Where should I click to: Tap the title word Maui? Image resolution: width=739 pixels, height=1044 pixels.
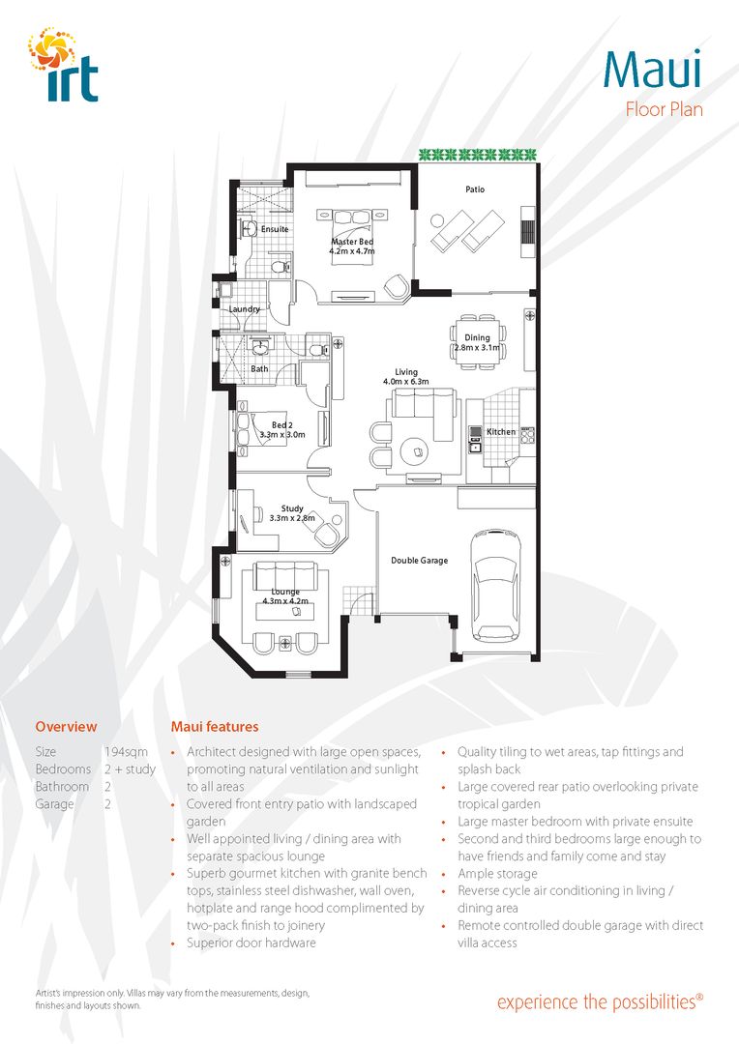(x=653, y=67)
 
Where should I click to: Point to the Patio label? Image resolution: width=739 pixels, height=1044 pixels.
(x=474, y=189)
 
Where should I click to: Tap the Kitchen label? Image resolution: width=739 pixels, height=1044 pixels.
(x=501, y=432)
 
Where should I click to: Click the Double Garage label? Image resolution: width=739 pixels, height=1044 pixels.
(x=419, y=560)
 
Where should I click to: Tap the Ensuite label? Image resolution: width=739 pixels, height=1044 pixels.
(x=275, y=229)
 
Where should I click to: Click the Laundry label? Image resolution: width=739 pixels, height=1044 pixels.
(x=244, y=309)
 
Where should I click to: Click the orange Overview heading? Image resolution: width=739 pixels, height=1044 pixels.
(x=66, y=726)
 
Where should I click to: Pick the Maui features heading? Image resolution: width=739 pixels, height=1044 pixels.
(x=215, y=726)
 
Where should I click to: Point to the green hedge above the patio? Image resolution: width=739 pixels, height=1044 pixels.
(x=477, y=154)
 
